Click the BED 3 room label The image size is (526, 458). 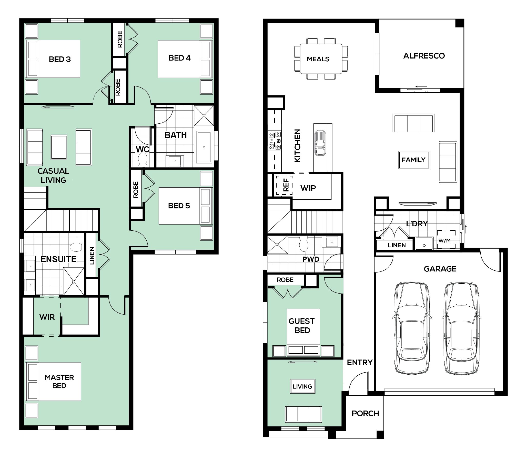[60, 59]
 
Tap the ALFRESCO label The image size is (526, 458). [424, 56]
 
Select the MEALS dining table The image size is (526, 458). [321, 59]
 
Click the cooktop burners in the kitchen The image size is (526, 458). [275, 141]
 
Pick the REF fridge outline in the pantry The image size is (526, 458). [284, 185]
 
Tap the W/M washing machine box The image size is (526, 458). [446, 240]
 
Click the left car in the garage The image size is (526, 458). [412, 328]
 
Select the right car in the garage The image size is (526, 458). [461, 328]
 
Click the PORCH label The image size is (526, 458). [365, 413]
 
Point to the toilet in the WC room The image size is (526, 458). [143, 160]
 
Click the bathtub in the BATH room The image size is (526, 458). [204, 147]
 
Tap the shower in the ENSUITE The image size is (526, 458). [74, 281]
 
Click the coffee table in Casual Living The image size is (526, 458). [59, 147]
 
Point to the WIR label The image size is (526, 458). [47, 317]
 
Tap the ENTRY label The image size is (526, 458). [360, 362]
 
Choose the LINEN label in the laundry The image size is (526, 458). [397, 245]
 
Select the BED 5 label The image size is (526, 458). [179, 206]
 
